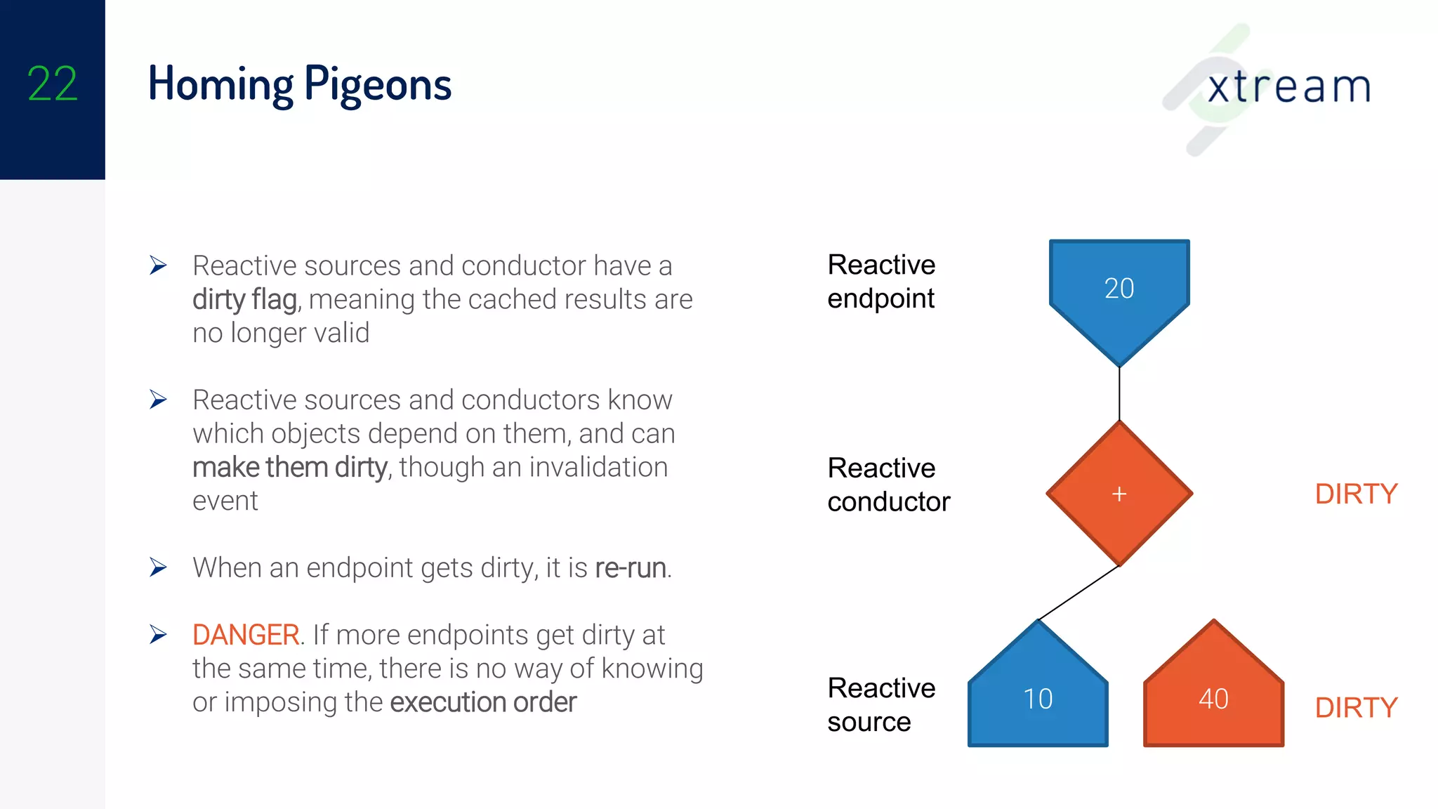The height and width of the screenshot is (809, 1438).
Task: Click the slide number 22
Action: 52,84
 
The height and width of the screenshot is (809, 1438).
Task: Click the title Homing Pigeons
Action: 300,84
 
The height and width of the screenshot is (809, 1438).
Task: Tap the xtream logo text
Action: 1288,87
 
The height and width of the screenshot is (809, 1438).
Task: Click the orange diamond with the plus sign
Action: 1119,494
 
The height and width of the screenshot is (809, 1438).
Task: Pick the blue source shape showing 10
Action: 1038,698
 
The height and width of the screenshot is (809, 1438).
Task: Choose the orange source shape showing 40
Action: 1213,698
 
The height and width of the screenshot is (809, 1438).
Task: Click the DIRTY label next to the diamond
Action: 1356,494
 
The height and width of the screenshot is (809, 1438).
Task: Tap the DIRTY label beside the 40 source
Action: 1356,708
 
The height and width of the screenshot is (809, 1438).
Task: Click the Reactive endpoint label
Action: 881,282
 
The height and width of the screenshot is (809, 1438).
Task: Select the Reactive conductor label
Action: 888,485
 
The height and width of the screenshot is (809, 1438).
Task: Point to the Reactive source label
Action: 881,704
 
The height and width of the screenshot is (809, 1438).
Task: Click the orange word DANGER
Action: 246,635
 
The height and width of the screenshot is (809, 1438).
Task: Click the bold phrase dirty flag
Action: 245,300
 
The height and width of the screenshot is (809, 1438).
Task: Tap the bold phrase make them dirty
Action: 290,468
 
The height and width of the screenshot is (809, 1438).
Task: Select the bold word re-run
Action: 631,568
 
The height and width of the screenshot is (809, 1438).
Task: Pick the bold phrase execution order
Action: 483,702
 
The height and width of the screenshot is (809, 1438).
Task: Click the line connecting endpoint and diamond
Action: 1119,393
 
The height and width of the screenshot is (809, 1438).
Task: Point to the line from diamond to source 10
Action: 1078,593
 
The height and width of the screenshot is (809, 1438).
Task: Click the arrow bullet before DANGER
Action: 159,635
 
